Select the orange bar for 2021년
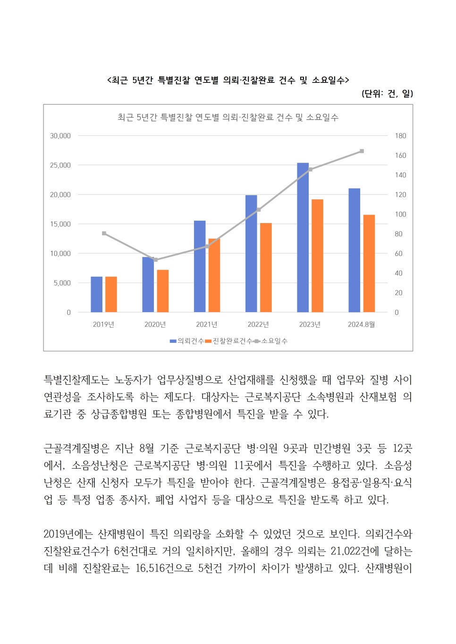[214, 275]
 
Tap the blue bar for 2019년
[97, 294]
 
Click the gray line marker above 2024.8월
[362, 151]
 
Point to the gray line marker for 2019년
[104, 233]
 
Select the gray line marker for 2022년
[259, 209]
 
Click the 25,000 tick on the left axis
[60, 165]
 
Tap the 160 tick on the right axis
[400, 156]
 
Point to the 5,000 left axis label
[62, 283]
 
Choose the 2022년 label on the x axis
[258, 324]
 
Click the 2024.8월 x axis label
[361, 324]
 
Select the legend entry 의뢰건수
[187, 341]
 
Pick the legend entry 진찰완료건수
[229, 341]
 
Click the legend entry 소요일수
[271, 341]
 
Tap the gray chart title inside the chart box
[228, 117]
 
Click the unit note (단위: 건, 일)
[387, 93]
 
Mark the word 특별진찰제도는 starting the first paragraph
[76, 380]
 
